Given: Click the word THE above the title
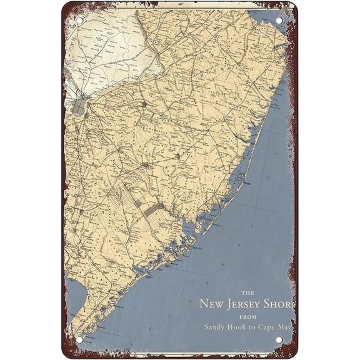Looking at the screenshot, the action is click(247, 292).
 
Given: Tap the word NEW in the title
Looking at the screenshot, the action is click(212, 304).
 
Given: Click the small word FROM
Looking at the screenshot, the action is click(247, 317).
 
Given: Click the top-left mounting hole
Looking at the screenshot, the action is click(79, 21).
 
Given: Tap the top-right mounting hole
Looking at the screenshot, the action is click(279, 21).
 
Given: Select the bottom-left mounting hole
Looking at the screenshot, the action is click(79, 339).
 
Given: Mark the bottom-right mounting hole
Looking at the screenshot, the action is click(279, 339).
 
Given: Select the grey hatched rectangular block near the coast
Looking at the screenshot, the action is click(151, 211).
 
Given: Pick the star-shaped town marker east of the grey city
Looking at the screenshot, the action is click(144, 104).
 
